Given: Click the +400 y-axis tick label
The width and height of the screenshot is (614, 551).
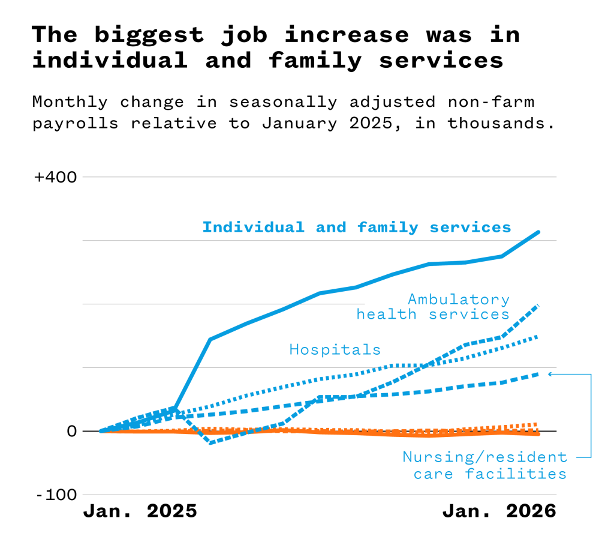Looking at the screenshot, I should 56,178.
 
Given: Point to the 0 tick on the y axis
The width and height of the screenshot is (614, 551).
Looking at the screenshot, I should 71,431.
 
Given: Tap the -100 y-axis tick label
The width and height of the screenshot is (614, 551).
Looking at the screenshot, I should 56,495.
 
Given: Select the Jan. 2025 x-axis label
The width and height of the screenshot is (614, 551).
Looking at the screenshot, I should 140,511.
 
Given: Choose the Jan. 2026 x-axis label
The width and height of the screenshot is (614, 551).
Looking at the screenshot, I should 499,511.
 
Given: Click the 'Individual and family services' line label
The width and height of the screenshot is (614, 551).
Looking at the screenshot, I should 356,227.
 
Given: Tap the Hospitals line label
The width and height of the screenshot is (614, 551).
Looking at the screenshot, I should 335,349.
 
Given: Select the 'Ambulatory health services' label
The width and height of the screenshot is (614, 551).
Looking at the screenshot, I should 433,307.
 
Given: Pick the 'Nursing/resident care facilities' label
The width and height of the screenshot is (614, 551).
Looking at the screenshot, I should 484,465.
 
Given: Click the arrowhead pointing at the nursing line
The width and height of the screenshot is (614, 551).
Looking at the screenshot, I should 550,374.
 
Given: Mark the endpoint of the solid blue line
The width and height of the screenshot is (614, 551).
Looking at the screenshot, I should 538,232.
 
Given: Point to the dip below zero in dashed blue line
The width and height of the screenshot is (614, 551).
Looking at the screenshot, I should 210,443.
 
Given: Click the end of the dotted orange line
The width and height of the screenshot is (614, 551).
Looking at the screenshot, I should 538,424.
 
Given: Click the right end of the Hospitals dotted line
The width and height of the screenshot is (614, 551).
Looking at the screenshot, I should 538,336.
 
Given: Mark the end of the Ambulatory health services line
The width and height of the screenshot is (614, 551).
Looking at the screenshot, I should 538,306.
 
